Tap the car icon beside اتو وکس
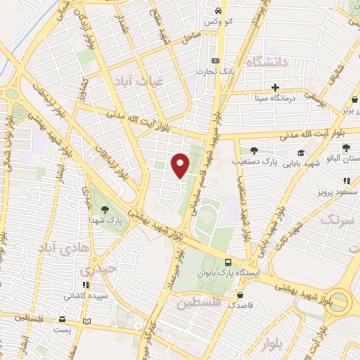(218, 11)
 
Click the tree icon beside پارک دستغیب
(254, 150)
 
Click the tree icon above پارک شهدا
(105, 209)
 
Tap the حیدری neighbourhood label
(93, 270)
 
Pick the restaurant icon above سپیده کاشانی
(86, 285)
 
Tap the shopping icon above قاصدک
(241, 295)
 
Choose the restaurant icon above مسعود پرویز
(345, 181)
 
